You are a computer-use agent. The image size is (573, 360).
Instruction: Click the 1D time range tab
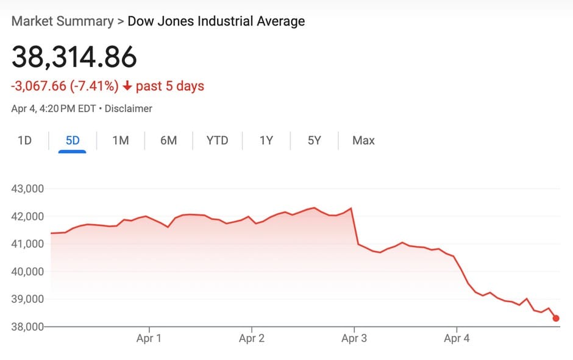pos(24,141)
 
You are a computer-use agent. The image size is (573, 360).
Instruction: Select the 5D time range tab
pos(73,141)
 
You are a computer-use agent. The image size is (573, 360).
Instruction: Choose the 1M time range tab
pos(121,141)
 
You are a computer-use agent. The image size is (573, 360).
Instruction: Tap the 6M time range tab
pos(168,141)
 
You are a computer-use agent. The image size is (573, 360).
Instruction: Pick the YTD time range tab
pos(217,141)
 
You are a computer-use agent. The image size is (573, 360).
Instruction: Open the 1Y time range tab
pos(266,141)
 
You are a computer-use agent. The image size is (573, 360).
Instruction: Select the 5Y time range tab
pos(314,141)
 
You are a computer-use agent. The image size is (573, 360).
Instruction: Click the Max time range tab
pos(363,141)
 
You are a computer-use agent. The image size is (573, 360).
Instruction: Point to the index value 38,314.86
pos(74,57)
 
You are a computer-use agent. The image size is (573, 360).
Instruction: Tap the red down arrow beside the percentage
pos(127,86)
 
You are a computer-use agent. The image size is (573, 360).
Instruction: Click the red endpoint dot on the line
pos(556,318)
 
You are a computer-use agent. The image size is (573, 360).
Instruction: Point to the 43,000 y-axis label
pos(28,189)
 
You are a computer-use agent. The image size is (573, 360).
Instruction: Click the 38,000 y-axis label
pos(28,326)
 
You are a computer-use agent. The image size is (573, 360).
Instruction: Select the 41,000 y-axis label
pos(28,244)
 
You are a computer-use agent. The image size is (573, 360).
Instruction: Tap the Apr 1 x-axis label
pos(149,339)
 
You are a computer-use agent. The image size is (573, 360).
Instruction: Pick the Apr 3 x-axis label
pos(354,339)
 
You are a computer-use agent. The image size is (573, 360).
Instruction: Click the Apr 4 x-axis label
pos(457,339)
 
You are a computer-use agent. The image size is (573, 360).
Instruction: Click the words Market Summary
pos(62,21)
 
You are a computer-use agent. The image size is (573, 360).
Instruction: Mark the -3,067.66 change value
pos(38,86)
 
